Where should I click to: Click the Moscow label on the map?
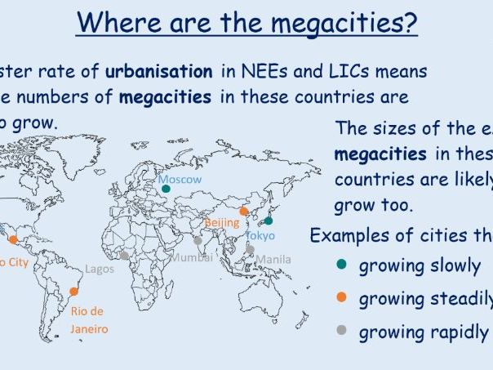pos(180,179)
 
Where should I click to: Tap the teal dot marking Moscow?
pos(166,189)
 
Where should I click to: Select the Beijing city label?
pos(221,222)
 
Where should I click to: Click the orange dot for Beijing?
pos(243,211)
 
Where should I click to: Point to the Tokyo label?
pos(261,235)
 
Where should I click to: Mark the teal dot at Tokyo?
pos(268,221)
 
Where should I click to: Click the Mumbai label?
pos(191,256)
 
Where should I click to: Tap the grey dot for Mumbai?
pos(198,241)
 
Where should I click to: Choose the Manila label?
pos(273,260)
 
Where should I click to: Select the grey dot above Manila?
pos(251,250)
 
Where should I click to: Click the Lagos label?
pos(100,269)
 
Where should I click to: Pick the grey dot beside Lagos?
pos(124,256)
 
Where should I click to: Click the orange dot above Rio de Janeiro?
pos(75,292)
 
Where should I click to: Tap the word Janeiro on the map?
pos(89,329)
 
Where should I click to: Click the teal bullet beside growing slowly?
pos(341,265)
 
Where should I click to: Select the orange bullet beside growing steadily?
pos(341,298)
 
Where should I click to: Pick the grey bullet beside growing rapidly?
pos(341,332)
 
